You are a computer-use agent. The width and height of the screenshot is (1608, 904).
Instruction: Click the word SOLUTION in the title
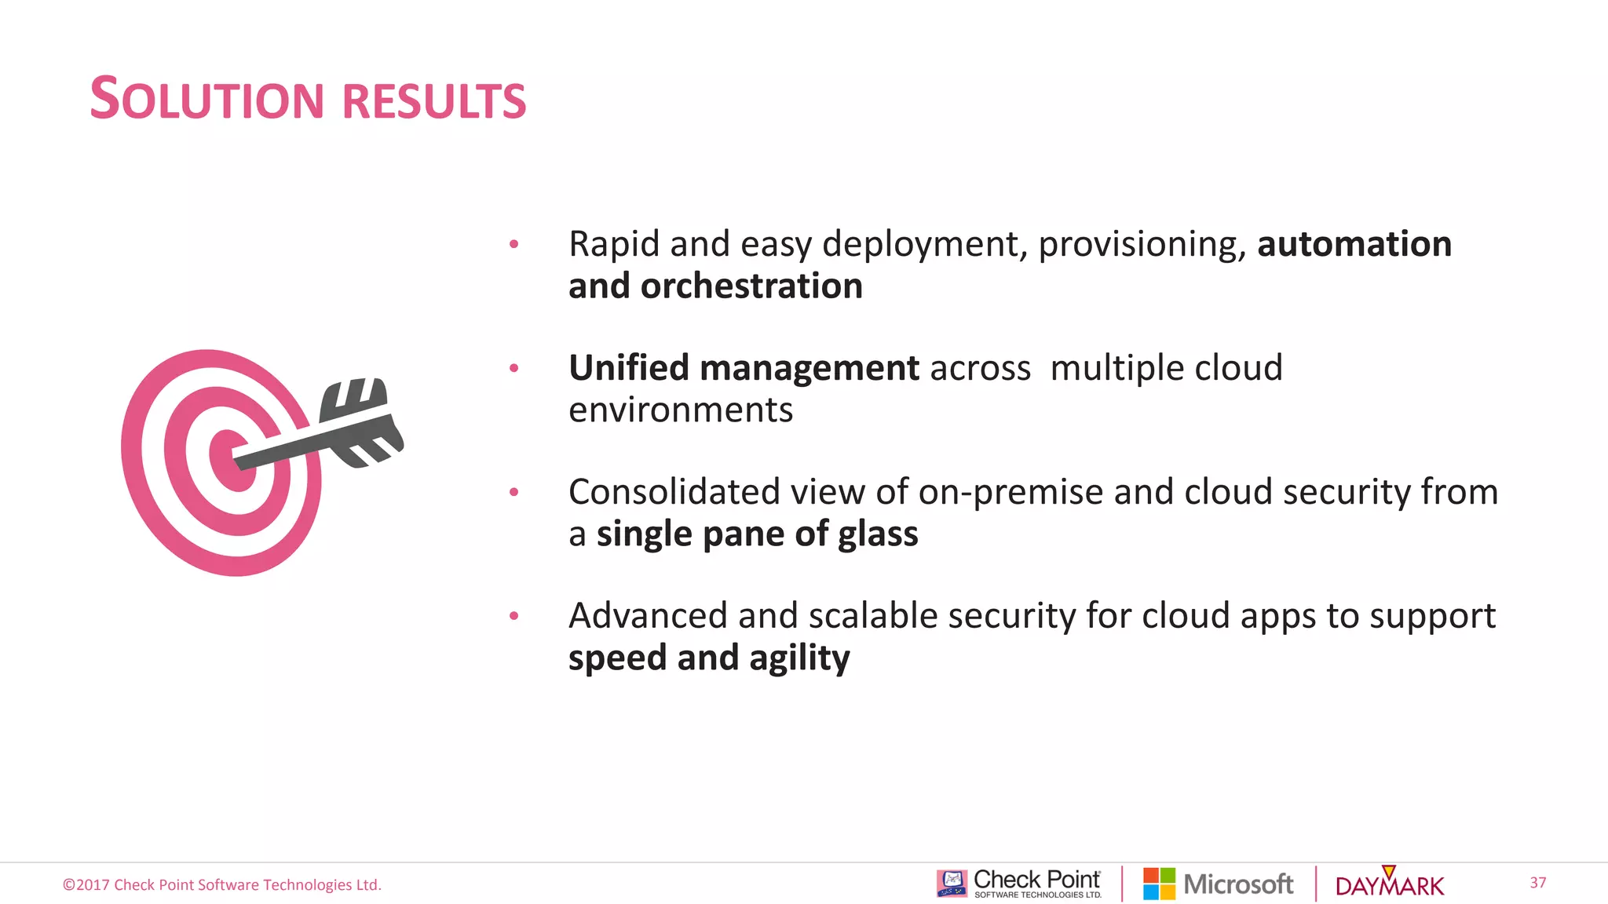pos(206,100)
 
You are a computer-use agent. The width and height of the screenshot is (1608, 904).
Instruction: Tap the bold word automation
pos(1354,244)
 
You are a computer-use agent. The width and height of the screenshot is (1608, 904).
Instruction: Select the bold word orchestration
pos(751,286)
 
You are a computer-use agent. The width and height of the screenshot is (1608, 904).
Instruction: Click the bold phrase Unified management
pos(743,368)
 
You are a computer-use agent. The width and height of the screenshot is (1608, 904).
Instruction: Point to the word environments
pos(680,410)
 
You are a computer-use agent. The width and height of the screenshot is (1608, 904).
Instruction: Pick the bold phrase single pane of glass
pos(757,534)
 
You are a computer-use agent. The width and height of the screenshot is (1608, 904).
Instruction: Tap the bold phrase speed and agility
pos(708,658)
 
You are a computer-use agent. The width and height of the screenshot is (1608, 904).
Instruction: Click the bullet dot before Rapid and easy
pos(513,244)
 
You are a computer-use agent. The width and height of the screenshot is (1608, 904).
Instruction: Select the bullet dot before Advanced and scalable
pos(513,616)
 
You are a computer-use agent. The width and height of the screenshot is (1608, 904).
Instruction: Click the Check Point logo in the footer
pos(1019,884)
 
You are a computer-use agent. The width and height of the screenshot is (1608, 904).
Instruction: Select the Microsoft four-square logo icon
pos(1159,884)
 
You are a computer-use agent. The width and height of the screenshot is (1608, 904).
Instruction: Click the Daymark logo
pos(1389,884)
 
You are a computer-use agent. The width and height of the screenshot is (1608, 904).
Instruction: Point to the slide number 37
pos(1537,883)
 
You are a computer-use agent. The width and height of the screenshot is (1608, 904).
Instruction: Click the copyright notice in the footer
pos(222,885)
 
